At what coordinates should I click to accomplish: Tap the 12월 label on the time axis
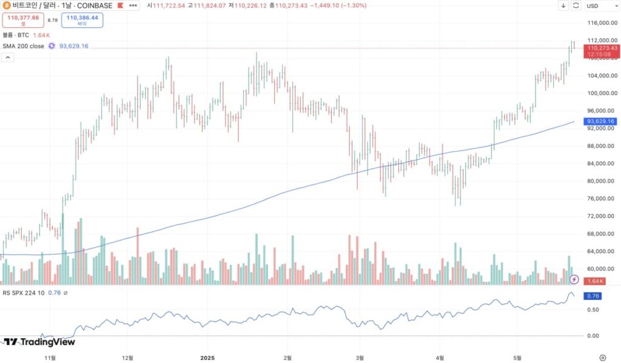[128, 357]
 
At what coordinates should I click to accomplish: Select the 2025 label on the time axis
[207, 357]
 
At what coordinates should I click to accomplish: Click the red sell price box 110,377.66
[22, 20]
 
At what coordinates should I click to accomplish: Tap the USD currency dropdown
[599, 5]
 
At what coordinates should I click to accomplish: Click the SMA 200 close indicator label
[24, 46]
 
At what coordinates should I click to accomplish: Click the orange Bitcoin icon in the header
[6, 5]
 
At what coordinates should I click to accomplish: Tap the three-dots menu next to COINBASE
[133, 5]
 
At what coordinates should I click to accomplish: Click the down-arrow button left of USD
[563, 5]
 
